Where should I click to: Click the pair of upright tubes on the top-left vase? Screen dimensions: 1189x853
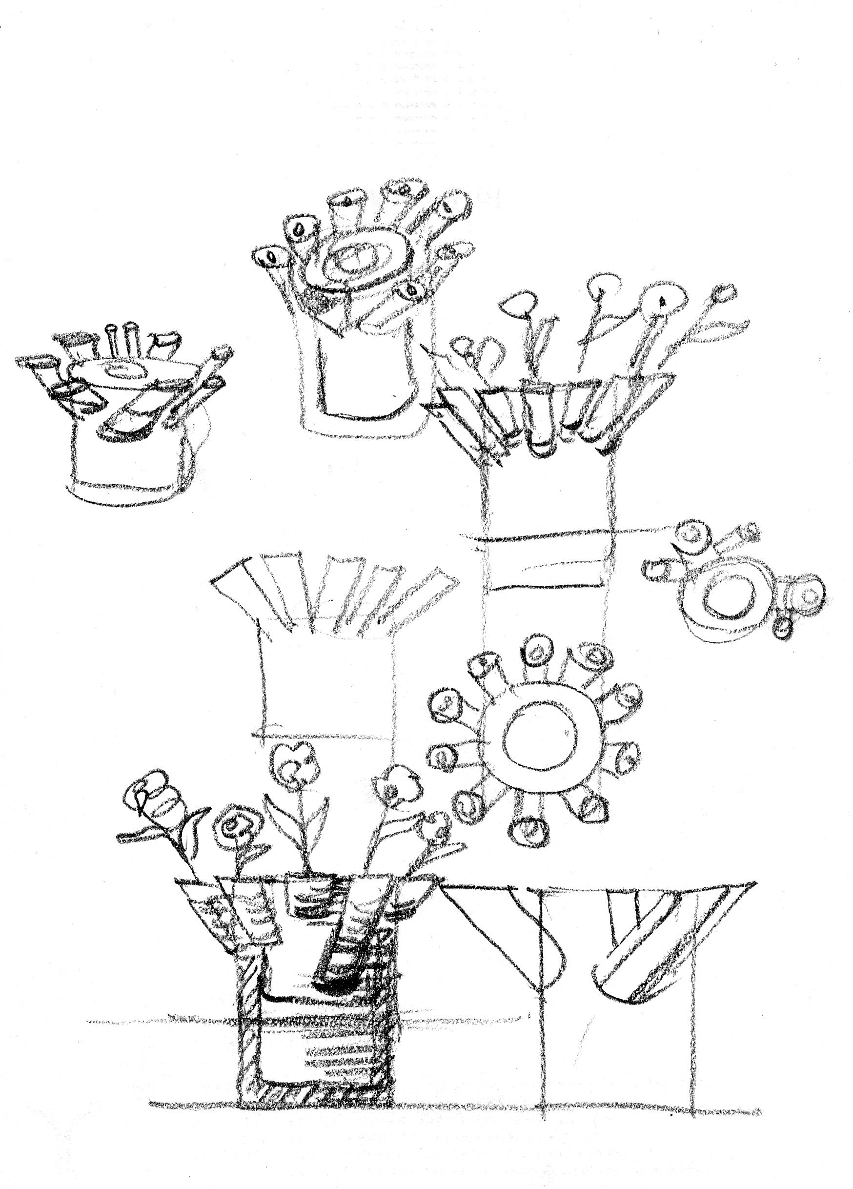[120, 341]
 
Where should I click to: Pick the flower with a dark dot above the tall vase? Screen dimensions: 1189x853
[662, 300]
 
